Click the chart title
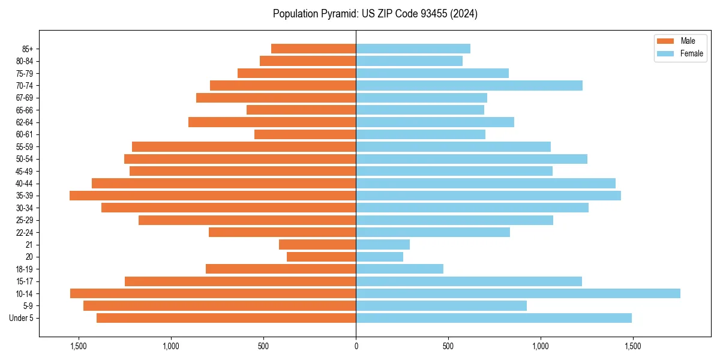click(375, 14)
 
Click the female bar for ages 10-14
click(518, 293)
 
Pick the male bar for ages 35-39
click(212, 196)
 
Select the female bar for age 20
click(379, 257)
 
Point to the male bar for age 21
click(317, 245)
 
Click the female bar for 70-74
click(469, 86)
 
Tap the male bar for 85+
click(313, 49)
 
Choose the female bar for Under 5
click(493, 318)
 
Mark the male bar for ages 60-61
click(305, 134)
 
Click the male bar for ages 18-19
click(281, 269)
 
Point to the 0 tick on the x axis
click(356, 346)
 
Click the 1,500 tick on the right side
click(633, 346)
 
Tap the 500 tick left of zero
click(263, 346)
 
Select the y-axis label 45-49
click(25, 172)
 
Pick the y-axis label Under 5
click(22, 318)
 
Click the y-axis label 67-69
click(25, 98)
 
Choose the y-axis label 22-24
click(25, 233)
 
